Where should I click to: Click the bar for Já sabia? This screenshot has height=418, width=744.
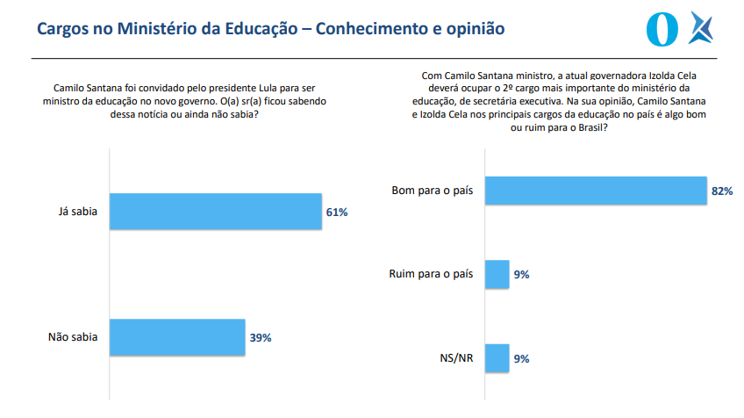pyautogui.click(x=216, y=212)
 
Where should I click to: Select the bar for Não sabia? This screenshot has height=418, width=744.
pyautogui.click(x=177, y=336)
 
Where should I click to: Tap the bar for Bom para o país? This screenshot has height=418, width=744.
pyautogui.click(x=596, y=191)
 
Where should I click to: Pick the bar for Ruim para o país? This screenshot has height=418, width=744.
pyautogui.click(x=497, y=274)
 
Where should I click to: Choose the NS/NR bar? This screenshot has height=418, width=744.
pyautogui.click(x=497, y=358)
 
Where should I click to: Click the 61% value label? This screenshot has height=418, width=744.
pyautogui.click(x=338, y=213)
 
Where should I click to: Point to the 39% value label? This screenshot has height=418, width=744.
pyautogui.click(x=261, y=337)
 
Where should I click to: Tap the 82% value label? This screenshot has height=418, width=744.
pyautogui.click(x=722, y=191)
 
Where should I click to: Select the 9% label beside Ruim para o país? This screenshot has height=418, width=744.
pyautogui.click(x=521, y=275)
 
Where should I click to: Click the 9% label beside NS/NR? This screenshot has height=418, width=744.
pyautogui.click(x=521, y=359)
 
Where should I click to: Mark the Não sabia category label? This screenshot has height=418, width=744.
pyautogui.click(x=72, y=336)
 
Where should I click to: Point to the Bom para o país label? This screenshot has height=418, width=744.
pyautogui.click(x=432, y=191)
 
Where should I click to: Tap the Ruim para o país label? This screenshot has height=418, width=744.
pyautogui.click(x=430, y=274)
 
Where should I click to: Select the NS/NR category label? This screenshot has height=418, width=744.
pyautogui.click(x=457, y=358)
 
